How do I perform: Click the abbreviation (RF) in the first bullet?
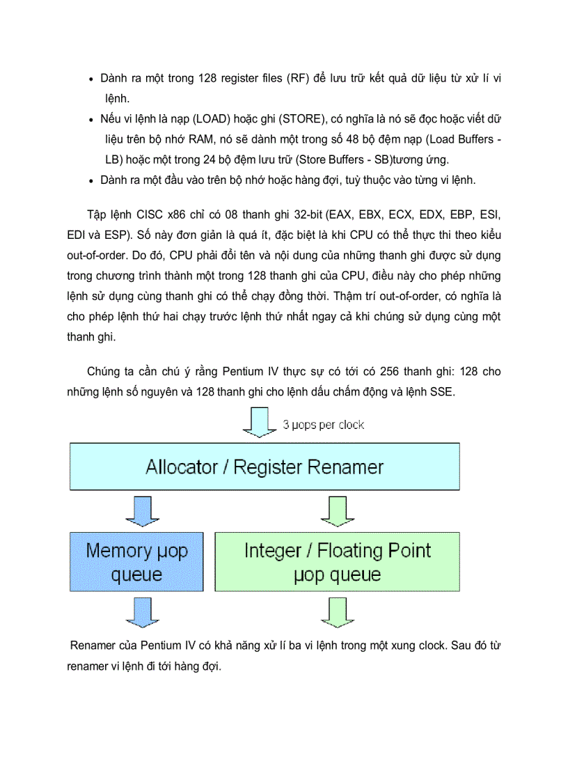pos(297,79)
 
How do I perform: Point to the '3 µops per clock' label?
pos(323,424)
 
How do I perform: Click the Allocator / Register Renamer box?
pos(264,467)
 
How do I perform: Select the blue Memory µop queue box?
pos(136,562)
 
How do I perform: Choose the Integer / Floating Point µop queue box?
pos(337,562)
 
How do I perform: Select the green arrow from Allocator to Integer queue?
pos(336,512)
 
